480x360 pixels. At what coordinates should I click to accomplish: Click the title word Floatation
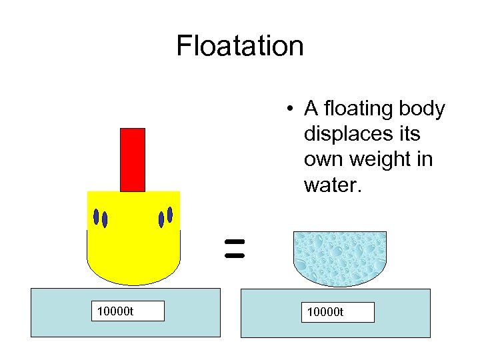tap(240, 46)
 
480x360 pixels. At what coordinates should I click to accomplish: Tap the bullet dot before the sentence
tap(288, 109)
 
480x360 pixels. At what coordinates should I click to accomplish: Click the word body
tap(423, 108)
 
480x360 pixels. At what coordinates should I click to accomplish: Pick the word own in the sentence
tap(322, 160)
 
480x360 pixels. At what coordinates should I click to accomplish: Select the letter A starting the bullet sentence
tap(311, 108)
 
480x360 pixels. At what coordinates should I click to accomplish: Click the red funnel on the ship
tap(133, 159)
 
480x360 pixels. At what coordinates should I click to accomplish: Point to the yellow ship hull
tap(133, 247)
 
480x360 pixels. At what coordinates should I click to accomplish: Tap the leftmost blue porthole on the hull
tap(96, 216)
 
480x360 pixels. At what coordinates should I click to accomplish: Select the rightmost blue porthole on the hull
tap(170, 214)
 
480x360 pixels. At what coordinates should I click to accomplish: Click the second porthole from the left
tap(105, 219)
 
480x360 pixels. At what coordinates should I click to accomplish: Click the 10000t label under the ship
tap(128, 311)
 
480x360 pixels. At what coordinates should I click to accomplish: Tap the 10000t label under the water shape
tap(337, 312)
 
